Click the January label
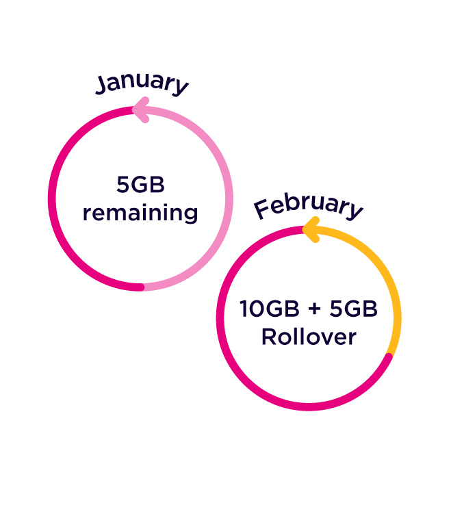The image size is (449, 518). tap(142, 83)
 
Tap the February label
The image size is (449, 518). tap(308, 206)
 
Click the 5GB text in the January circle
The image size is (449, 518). tap(140, 185)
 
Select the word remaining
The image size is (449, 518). tap(140, 213)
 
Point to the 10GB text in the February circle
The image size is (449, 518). tap(270, 309)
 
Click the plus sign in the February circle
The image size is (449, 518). tap(314, 310)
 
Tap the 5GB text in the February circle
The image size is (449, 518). tap(353, 309)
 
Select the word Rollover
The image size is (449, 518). tap(309, 337)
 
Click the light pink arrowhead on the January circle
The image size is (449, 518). tap(140, 111)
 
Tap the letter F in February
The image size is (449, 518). tap(261, 209)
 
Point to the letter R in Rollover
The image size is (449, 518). tap(269, 337)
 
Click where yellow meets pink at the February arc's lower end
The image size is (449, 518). tap(389, 355)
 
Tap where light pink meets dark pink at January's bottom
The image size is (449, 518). tap(142, 287)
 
